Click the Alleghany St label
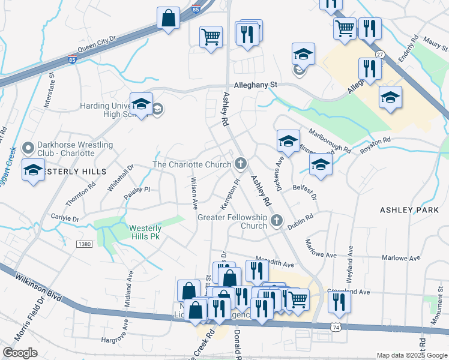(x=255, y=86)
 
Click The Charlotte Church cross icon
(x=241, y=163)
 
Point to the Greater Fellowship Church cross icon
(x=277, y=221)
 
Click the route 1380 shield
(x=84, y=244)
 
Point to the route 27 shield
(x=379, y=55)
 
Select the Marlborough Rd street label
(x=330, y=140)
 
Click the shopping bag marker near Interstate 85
(x=169, y=17)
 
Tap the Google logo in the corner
(x=20, y=353)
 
